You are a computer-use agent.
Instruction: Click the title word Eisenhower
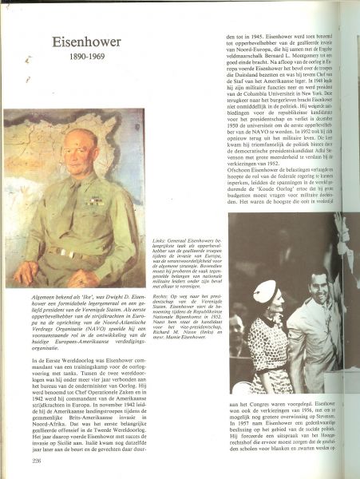click(x=81, y=42)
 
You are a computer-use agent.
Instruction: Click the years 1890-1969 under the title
click(x=81, y=60)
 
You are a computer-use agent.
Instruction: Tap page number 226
click(x=36, y=460)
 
